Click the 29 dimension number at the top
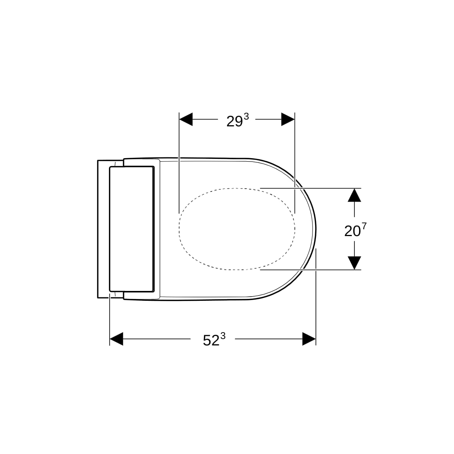click(x=235, y=121)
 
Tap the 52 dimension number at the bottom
click(x=211, y=340)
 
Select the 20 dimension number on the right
click(x=353, y=232)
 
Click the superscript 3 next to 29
click(x=246, y=116)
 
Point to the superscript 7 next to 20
click(x=364, y=226)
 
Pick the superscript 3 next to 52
click(x=223, y=335)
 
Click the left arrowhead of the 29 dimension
click(x=186, y=119)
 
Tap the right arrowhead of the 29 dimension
click(x=288, y=119)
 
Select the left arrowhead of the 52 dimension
click(x=117, y=339)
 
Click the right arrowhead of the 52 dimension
click(x=309, y=339)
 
